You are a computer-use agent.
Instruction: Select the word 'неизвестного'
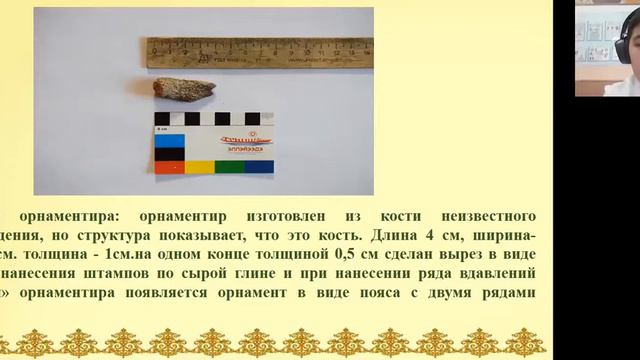(x=488, y=216)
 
